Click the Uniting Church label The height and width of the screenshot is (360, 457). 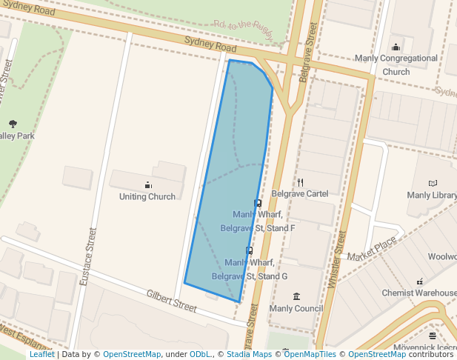(147, 197)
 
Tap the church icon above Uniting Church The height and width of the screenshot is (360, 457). (147, 184)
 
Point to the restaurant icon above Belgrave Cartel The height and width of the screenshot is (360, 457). (300, 181)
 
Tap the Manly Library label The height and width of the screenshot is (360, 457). (432, 196)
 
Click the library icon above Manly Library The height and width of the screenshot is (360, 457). (433, 183)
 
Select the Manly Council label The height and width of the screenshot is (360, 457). (296, 309)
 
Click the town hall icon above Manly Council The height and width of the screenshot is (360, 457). (296, 296)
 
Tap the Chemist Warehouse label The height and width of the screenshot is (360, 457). (419, 293)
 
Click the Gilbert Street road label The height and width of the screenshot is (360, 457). (171, 300)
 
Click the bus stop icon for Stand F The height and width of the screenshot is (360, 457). (258, 203)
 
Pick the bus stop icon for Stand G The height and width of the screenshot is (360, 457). (249, 251)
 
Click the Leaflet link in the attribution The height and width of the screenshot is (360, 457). (41, 355)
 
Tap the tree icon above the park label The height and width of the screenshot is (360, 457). (13, 124)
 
